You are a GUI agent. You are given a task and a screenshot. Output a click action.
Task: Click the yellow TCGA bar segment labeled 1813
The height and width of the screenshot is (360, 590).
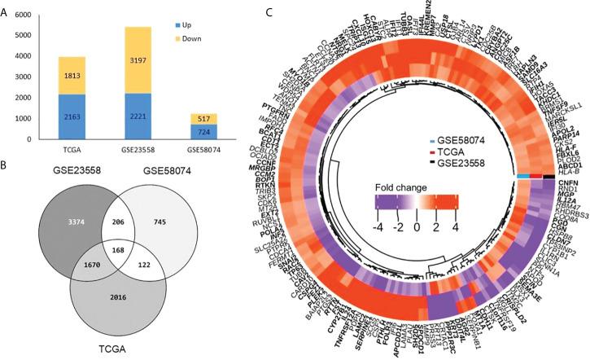[71, 76]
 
